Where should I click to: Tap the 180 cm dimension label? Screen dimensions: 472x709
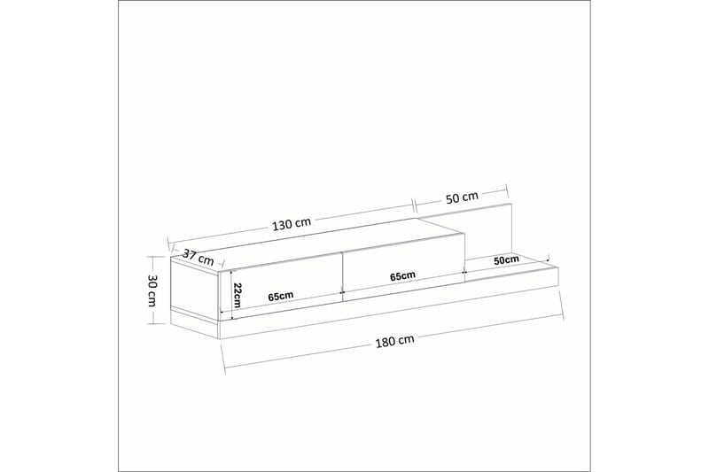pyautogui.click(x=393, y=339)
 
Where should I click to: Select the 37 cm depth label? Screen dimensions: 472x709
pyautogui.click(x=198, y=258)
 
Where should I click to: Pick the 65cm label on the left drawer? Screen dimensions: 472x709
pyautogui.click(x=280, y=297)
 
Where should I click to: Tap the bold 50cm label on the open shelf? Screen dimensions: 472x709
pyautogui.click(x=506, y=260)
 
